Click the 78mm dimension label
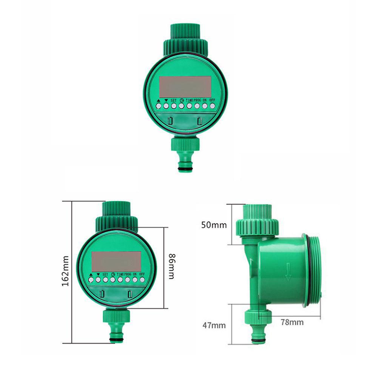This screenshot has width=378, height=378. coord(292,322)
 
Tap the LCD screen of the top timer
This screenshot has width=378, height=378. coord(185,86)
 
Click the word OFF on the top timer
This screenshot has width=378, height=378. coord(212,100)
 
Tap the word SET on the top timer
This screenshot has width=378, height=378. coord(174,100)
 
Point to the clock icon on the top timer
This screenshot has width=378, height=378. coord(182,100)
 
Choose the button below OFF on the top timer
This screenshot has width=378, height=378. coord(212,106)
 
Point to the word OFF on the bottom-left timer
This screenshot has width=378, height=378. coord(142,274)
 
